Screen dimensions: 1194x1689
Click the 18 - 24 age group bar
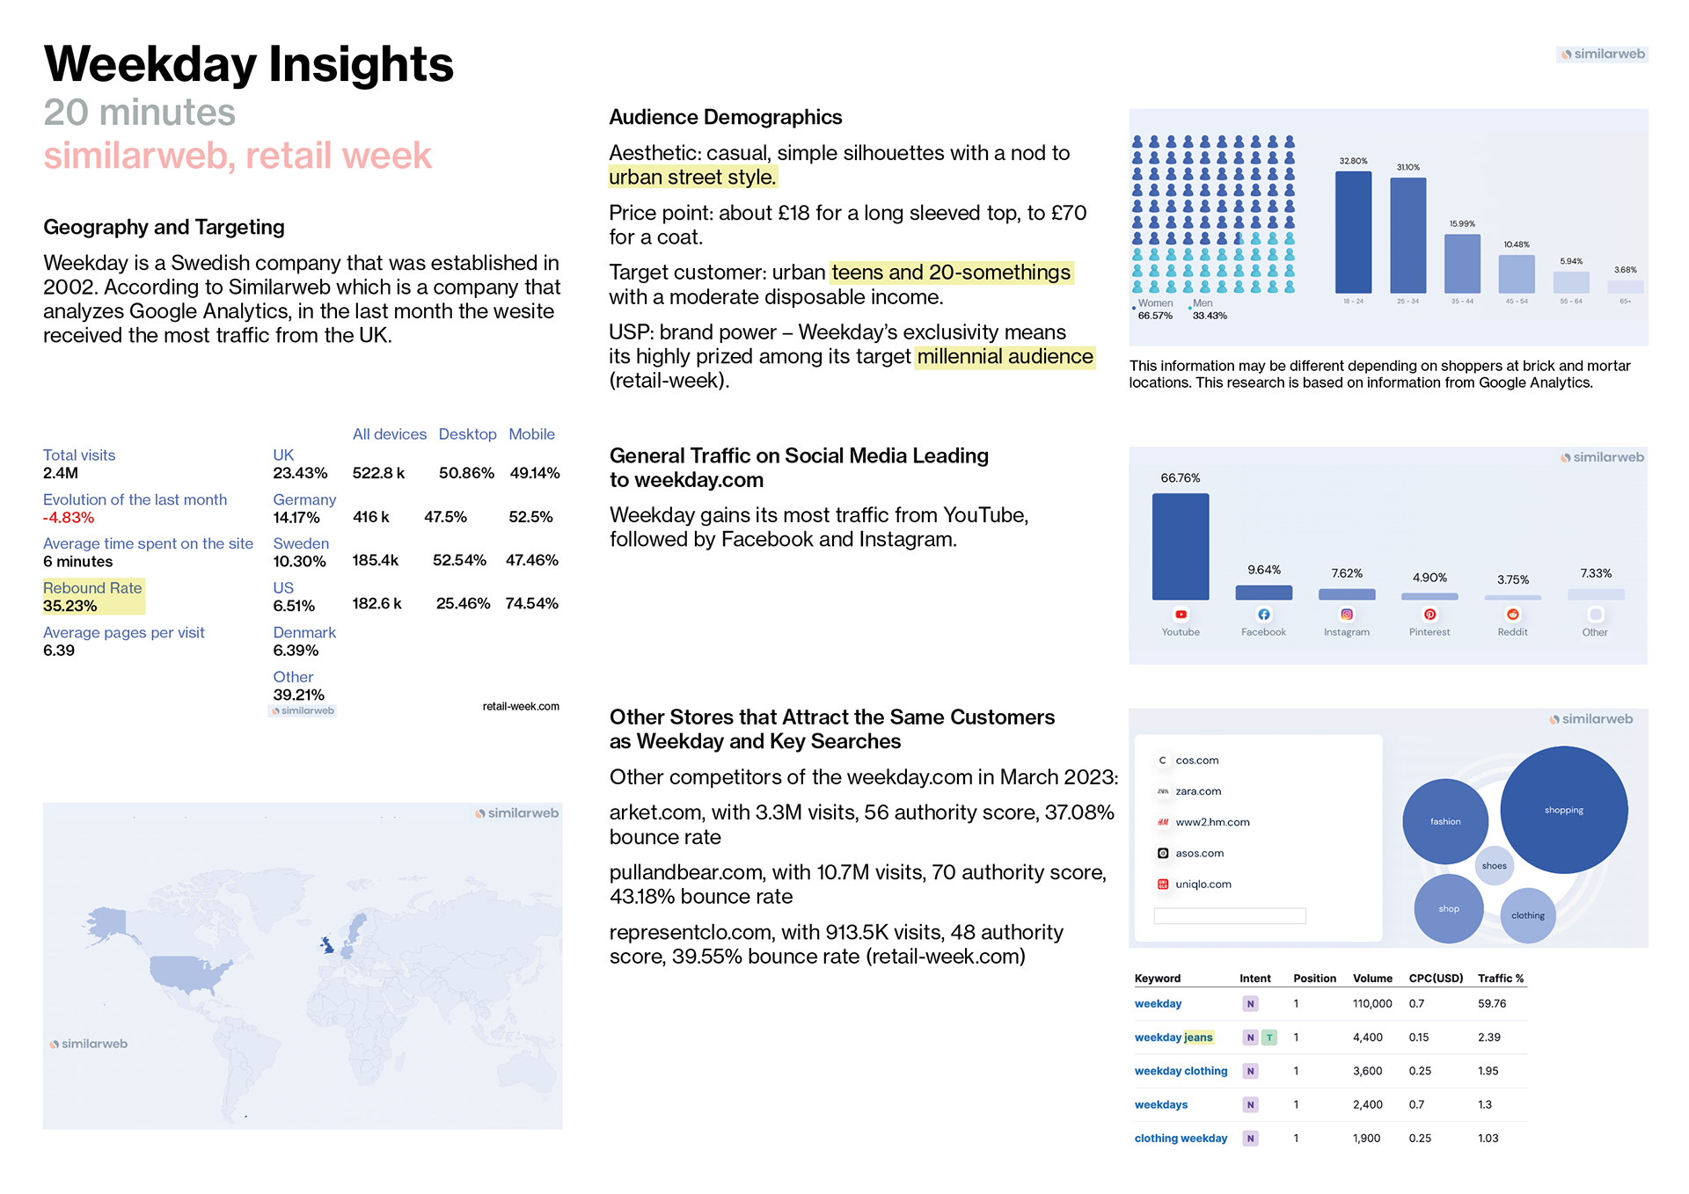[1353, 232]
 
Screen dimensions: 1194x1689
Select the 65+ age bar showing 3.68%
[1625, 287]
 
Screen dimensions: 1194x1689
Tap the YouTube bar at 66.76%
[1181, 546]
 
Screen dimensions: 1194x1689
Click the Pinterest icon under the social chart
[1429, 615]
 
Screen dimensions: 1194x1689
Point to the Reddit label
[1512, 632]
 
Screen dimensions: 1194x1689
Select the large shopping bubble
[1563, 810]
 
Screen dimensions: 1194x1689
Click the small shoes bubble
[1494, 866]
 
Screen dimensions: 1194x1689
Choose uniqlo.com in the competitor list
[1203, 885]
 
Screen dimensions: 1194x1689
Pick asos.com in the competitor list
[1199, 854]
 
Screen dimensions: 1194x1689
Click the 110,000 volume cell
[1372, 1004]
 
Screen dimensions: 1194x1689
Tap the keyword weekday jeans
[1174, 1037]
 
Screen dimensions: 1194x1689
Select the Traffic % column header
[1501, 979]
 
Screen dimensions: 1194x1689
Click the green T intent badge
[1269, 1037]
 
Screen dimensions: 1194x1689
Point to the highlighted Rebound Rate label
[92, 588]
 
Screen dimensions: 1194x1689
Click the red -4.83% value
[69, 518]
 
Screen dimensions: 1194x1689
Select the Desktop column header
[467, 434]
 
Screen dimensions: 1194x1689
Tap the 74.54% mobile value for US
[531, 604]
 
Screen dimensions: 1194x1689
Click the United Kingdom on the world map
[327, 945]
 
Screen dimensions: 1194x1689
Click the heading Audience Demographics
[725, 118]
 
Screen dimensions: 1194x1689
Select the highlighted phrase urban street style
[692, 178]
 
